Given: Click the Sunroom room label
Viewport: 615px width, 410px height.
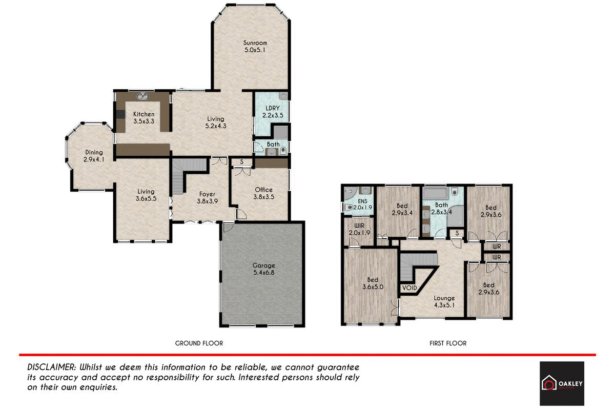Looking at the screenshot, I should pos(255,47).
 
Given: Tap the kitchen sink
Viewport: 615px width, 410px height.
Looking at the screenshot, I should pos(142,96).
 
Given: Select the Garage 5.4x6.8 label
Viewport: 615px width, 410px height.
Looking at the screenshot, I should pos(263,269).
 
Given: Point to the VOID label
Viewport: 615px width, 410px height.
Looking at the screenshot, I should pos(409,288).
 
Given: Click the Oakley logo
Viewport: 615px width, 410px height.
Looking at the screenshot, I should pos(562,383).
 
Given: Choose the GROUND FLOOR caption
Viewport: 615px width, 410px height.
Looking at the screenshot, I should pos(199,343).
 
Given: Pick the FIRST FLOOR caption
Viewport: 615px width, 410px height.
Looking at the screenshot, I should pos(448,343).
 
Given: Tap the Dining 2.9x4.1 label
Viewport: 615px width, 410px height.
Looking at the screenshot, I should pos(94,156).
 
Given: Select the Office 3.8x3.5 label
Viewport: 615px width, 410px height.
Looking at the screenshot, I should pos(264,193).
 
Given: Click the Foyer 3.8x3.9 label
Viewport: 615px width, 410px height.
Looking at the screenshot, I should pos(208,198).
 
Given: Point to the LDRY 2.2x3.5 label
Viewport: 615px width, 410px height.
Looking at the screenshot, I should pos(272,112).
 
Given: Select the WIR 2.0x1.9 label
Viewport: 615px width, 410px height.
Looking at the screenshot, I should pos(358,229).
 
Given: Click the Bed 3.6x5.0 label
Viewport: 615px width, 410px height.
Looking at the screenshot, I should pos(372,283).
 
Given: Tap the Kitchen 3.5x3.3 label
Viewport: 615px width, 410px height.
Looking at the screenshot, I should pos(143,118).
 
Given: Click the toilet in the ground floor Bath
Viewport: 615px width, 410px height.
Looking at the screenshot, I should pos(282,151).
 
